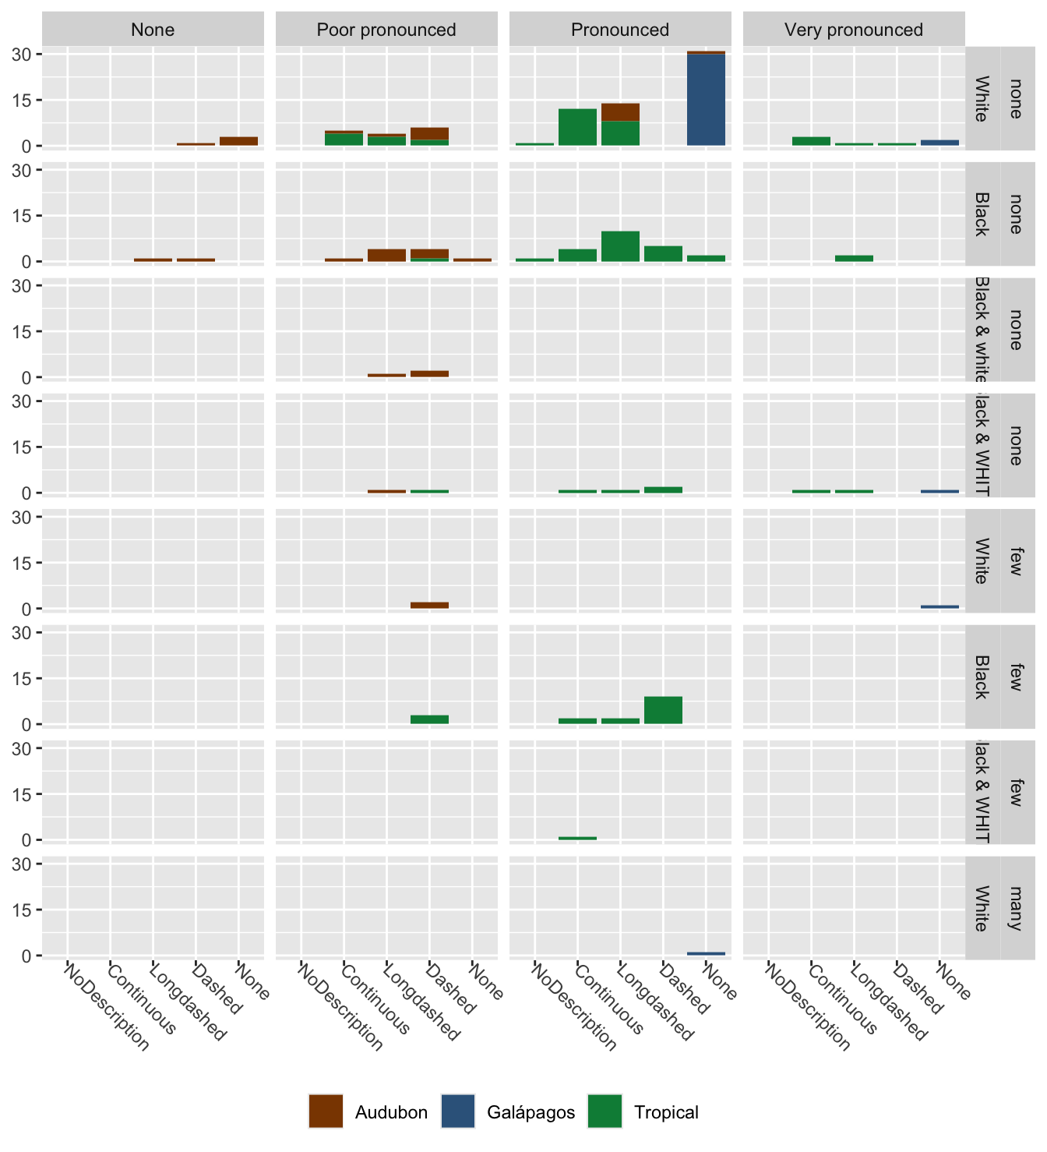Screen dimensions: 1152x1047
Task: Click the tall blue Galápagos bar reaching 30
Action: [x=706, y=100]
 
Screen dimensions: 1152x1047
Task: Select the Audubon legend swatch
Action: [x=326, y=1111]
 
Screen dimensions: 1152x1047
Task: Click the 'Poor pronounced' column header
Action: [x=386, y=30]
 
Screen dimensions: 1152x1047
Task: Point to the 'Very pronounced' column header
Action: [x=854, y=30]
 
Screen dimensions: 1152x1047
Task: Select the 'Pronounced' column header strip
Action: [x=620, y=30]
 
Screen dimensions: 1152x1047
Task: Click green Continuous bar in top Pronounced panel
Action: [x=577, y=127]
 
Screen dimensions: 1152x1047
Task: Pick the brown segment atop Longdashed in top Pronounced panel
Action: [x=620, y=112]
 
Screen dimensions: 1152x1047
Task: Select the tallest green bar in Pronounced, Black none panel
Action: [x=620, y=246]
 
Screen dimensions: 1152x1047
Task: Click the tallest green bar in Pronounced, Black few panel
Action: [x=663, y=710]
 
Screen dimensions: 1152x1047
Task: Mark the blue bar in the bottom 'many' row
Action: [x=706, y=953]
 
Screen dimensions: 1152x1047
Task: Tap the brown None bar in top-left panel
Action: [x=238, y=141]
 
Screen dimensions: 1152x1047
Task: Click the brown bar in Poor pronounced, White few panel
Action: [x=429, y=605]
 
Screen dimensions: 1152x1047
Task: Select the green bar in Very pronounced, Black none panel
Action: [x=854, y=258]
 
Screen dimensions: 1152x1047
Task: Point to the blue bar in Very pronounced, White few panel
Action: [x=939, y=606]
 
